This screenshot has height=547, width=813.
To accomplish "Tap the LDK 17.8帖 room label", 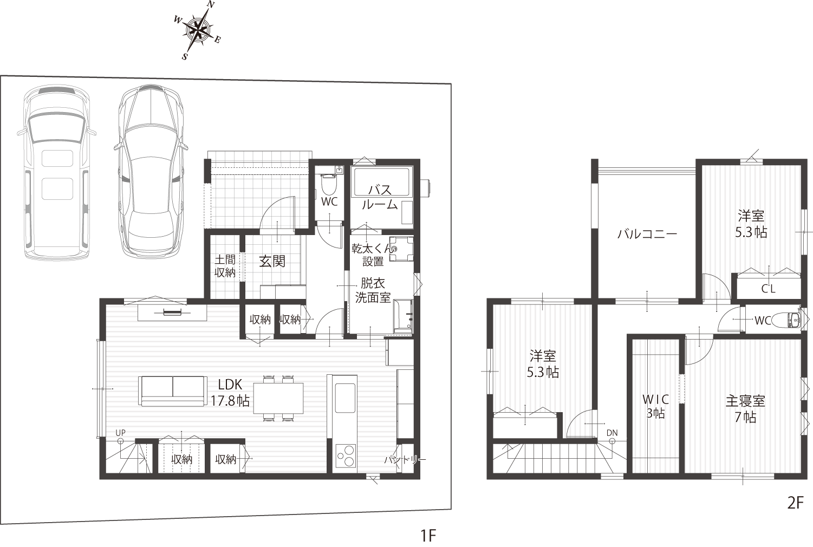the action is pos(230,392).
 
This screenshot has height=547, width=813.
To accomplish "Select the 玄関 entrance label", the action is pos(272,261).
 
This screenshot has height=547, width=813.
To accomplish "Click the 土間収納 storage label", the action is pos(225,266).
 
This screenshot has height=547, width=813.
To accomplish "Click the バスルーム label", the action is pos(380,198).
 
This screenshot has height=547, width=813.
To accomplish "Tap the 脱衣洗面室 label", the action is pos(373,290).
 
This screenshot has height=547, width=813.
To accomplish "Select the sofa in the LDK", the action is pos(172,391).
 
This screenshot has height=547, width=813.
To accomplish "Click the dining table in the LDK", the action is pos(278,398).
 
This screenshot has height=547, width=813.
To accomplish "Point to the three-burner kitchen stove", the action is pos(344,455).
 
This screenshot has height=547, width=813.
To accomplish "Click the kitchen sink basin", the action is pos(345,398).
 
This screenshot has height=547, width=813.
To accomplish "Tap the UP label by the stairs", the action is pos(120,433).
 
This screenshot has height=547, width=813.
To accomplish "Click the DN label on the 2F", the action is pos(612,433).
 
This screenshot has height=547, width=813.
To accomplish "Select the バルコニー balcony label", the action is pos(647,234).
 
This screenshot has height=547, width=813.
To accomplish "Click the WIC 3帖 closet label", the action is pos(655,406).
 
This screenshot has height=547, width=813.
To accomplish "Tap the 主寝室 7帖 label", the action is pos(745,409).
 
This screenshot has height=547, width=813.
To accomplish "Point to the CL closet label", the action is pos(768,289).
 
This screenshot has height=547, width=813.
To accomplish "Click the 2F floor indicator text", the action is pos(796,503).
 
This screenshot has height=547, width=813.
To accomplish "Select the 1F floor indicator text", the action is pos(428,536).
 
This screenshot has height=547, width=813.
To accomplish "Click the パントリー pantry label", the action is pos(405,460).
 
